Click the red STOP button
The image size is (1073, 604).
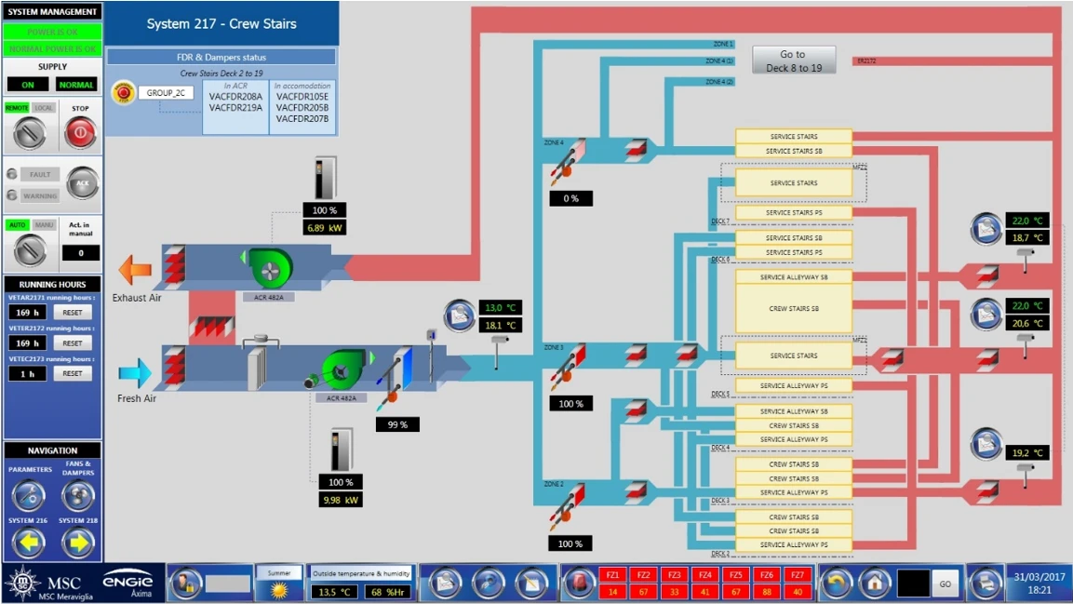click(80, 134)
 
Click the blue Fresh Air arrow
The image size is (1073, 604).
click(135, 374)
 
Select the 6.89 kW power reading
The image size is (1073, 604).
click(325, 228)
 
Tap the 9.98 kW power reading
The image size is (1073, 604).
click(341, 500)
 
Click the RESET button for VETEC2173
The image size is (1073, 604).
click(73, 373)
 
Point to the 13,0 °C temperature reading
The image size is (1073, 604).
click(499, 307)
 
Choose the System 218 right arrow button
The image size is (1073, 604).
click(78, 541)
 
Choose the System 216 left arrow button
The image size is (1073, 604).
click(28, 541)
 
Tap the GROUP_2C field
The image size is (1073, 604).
click(167, 93)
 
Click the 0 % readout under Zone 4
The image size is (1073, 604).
click(570, 198)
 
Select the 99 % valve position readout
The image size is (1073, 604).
click(397, 424)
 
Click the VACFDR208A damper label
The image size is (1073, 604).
click(235, 97)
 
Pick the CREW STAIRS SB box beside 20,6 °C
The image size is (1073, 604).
click(794, 308)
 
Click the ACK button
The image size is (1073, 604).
click(82, 183)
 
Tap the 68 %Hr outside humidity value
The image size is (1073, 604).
click(387, 592)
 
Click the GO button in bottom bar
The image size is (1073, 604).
click(946, 584)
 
